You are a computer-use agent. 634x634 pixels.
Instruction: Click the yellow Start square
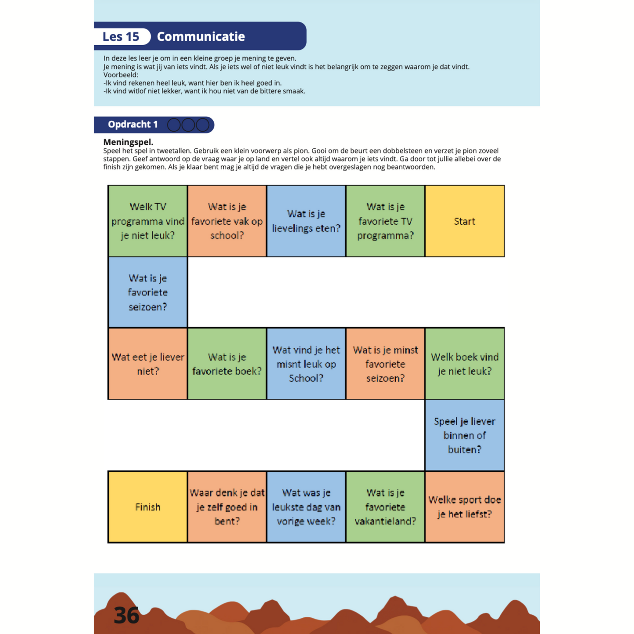coord(464,221)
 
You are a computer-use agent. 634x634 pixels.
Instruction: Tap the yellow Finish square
coord(148,507)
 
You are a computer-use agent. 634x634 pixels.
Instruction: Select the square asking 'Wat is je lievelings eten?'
coord(306,221)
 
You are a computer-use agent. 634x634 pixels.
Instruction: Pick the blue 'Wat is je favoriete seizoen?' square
coord(148,292)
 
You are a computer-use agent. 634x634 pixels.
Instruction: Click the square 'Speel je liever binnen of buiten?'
coord(464,435)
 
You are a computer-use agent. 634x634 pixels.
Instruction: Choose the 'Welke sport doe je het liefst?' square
coord(464,507)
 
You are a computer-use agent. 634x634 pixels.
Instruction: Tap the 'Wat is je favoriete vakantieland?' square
coord(385,507)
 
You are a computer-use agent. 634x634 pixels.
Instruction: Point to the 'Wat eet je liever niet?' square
coord(148,364)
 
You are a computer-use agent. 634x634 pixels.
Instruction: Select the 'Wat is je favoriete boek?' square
coord(227,364)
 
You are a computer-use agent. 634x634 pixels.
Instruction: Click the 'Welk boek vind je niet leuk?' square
coord(464,364)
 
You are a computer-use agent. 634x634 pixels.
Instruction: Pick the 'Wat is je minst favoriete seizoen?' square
coord(385,364)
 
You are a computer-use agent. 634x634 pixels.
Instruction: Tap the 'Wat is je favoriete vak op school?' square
coord(227,221)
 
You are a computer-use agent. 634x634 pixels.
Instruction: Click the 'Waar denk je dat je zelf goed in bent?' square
coord(227,507)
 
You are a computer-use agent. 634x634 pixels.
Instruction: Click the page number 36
coord(126,615)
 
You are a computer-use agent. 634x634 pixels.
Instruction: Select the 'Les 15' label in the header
coord(121,36)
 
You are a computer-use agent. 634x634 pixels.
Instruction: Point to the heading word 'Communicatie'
coord(201,36)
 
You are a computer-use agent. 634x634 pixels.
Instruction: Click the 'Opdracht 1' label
coord(133,125)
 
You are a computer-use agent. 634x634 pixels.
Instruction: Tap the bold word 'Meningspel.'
coord(128,142)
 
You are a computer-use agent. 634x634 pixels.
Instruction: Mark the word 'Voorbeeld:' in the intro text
coord(121,75)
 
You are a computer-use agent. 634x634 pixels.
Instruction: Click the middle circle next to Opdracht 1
coord(188,125)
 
